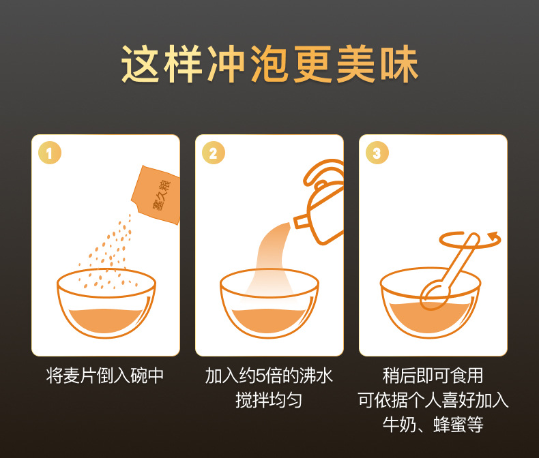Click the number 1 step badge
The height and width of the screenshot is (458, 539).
click(50, 153)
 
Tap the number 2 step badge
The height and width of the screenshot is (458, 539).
click(214, 153)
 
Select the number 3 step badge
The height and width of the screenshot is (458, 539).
click(377, 153)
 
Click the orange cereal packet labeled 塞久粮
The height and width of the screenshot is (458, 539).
click(157, 195)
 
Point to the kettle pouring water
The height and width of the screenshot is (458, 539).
click(320, 202)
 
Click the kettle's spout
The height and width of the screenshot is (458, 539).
click(300, 221)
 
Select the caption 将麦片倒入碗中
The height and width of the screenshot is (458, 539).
click(105, 376)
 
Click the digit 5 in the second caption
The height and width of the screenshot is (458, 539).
click(260, 376)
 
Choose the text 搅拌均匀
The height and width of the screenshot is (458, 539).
click(269, 400)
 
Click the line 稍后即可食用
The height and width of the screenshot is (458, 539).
click(433, 376)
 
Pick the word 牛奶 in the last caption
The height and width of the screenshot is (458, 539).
click(399, 425)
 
